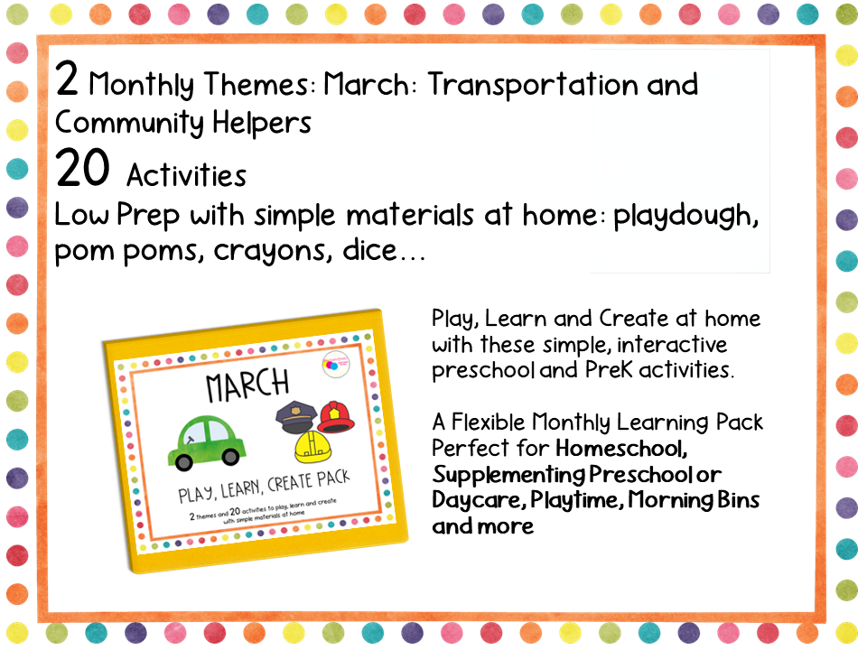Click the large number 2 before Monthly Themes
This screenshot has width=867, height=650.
click(67, 81)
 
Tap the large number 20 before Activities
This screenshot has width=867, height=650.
click(82, 169)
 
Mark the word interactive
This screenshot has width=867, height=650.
click(674, 345)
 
